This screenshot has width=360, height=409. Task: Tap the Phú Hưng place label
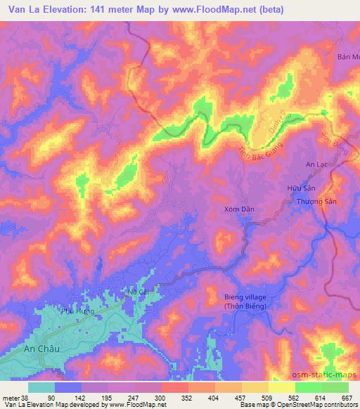pyautogui.click(x=77, y=311)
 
